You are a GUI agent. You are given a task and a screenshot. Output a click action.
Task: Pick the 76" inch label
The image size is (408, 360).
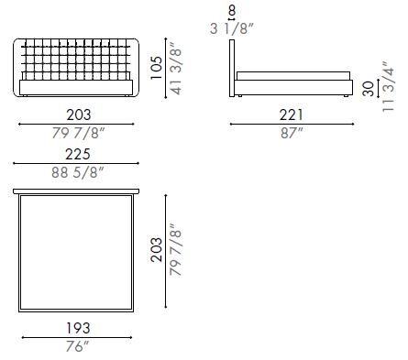[78, 346]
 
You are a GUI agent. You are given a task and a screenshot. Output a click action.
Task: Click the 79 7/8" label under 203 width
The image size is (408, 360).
[78, 134]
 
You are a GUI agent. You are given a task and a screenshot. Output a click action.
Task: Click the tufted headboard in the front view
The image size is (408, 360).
[78, 58]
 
